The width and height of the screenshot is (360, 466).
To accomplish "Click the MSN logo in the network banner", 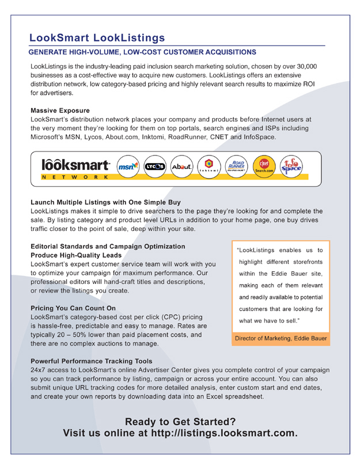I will click(x=128, y=166).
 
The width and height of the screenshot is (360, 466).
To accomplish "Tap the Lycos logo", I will click(x=155, y=166).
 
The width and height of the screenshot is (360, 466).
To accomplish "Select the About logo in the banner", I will click(x=182, y=166).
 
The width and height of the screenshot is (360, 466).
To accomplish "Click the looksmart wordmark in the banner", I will click(x=75, y=164).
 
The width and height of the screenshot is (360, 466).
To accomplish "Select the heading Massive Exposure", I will click(x=60, y=110).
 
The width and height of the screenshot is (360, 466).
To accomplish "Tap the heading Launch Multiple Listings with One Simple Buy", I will click(x=105, y=202).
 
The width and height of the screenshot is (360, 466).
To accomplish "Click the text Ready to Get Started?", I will click(x=180, y=421).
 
